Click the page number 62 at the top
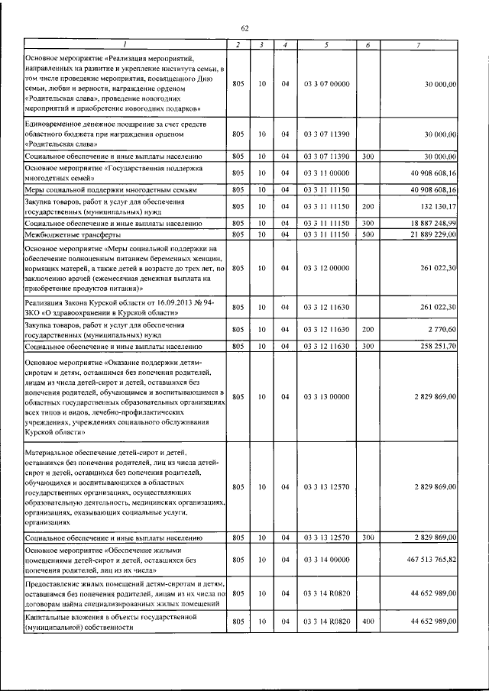click(244, 28)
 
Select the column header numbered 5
click(326, 45)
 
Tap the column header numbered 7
click(418, 45)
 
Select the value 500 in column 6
click(368, 234)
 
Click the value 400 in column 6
click(368, 622)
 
